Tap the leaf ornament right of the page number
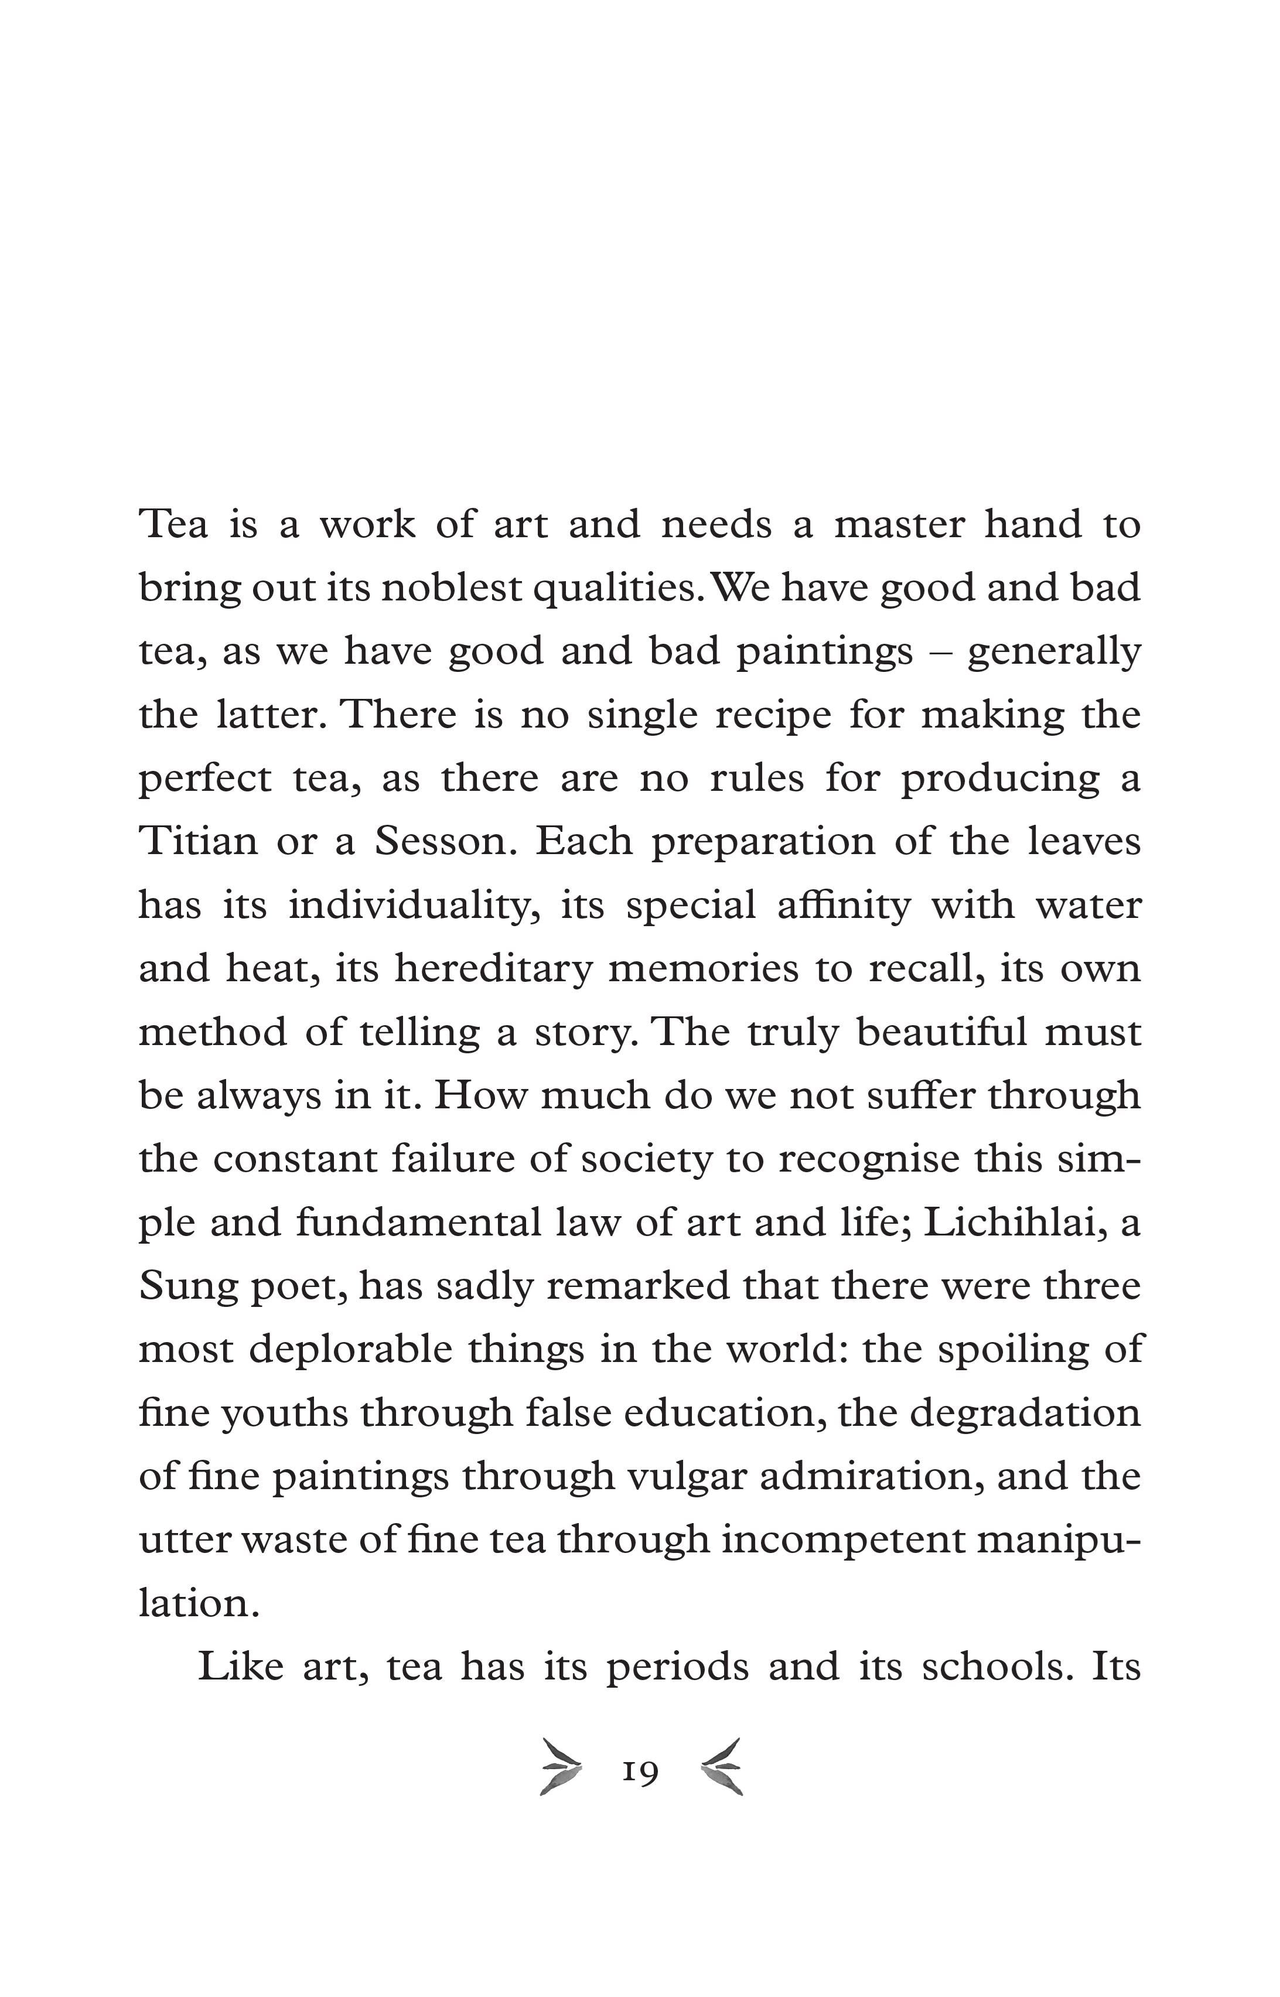(x=722, y=1767)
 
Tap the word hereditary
(x=494, y=968)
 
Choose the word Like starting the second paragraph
(x=241, y=1666)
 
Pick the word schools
(x=994, y=1666)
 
